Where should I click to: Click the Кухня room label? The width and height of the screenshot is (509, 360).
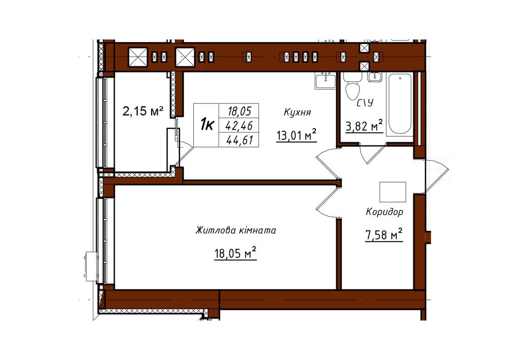pyautogui.click(x=297, y=113)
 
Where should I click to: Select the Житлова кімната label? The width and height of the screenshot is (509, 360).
pyautogui.click(x=235, y=230)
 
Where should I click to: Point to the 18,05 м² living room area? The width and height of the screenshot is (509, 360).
pyautogui.click(x=235, y=253)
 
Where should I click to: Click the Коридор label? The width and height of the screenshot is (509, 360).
pyautogui.click(x=385, y=212)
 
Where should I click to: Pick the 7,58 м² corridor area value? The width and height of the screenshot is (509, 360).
pyautogui.click(x=384, y=235)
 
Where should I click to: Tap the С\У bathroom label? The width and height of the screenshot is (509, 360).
pyautogui.click(x=365, y=103)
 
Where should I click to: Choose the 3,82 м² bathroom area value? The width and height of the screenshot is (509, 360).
pyautogui.click(x=364, y=125)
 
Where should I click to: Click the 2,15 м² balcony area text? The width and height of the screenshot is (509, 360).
pyautogui.click(x=143, y=112)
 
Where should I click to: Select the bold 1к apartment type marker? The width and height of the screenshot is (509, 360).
pyautogui.click(x=207, y=124)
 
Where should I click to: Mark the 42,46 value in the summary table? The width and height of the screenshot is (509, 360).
pyautogui.click(x=240, y=125)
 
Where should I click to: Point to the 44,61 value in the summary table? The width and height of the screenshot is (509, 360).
pyautogui.click(x=240, y=140)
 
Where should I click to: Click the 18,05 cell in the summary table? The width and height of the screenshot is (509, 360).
pyautogui.click(x=240, y=112)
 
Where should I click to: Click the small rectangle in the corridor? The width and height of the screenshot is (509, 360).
pyautogui.click(x=393, y=192)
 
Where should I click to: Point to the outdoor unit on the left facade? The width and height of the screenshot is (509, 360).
pyautogui.click(x=90, y=265)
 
